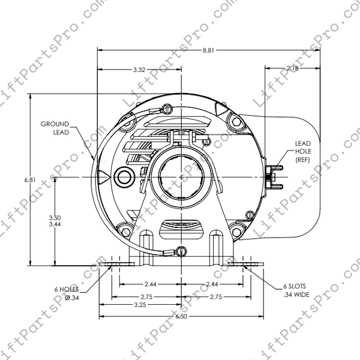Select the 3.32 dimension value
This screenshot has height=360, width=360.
139,70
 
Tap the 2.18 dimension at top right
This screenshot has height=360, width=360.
293,69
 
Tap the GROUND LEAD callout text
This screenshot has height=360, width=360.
55,128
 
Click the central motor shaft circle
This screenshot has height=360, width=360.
181,177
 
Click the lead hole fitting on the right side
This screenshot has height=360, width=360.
272,175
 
